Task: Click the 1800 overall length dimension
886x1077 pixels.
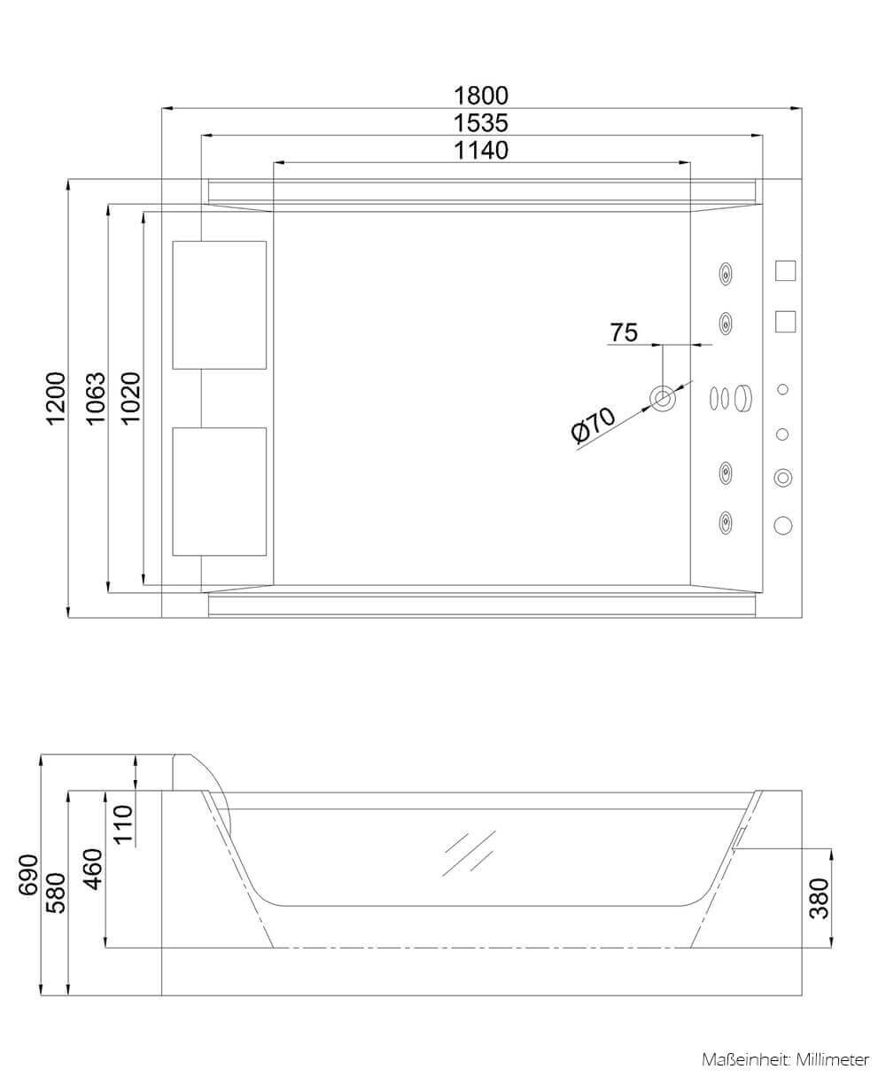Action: pos(481,95)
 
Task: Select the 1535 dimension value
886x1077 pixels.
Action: pos(481,122)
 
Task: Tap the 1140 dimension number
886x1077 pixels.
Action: pos(481,151)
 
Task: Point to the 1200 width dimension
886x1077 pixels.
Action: pos(55,397)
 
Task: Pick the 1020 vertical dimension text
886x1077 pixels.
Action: pos(130,397)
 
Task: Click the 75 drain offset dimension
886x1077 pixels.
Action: pos(624,332)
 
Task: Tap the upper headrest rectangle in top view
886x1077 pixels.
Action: pos(220,304)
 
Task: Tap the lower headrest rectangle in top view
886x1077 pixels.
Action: pos(220,491)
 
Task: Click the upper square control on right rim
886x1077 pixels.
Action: pos(785,270)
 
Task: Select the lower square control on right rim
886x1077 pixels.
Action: pos(785,321)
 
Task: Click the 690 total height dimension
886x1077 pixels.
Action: pos(27,874)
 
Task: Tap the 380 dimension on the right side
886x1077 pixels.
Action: pos(820,897)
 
